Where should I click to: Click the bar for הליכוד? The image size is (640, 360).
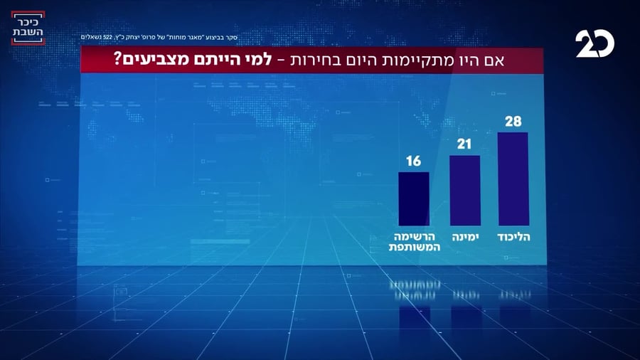click(x=512, y=179)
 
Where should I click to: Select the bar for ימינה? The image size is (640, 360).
click(x=465, y=190)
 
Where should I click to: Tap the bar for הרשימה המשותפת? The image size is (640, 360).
click(x=413, y=198)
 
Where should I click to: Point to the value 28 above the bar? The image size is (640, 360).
click(x=513, y=122)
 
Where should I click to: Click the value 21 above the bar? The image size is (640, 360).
click(x=465, y=145)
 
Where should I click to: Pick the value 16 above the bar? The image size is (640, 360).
click(x=413, y=162)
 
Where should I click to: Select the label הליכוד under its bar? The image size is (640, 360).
click(x=513, y=235)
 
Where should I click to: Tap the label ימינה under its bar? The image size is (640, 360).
click(x=465, y=235)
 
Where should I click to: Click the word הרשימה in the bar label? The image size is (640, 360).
click(x=413, y=235)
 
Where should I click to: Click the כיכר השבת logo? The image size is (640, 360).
click(x=28, y=28)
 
